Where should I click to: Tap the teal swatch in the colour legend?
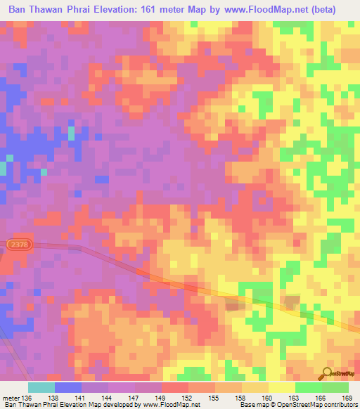[x=41, y=387]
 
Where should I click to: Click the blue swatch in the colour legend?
[x=68, y=387]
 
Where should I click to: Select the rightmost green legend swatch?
[x=335, y=387]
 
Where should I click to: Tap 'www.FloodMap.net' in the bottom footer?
[x=172, y=405]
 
